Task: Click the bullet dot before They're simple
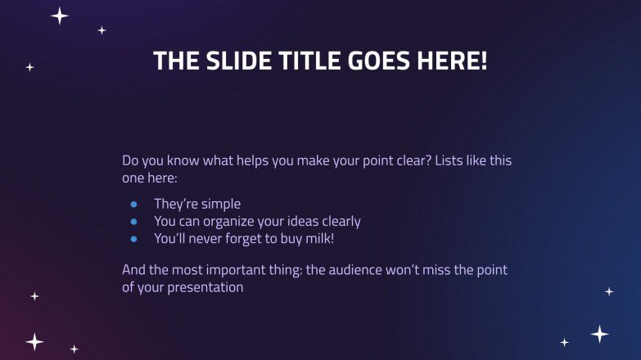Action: point(133,205)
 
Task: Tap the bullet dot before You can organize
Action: point(133,222)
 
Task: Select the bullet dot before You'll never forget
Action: point(133,239)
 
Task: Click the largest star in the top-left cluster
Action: point(59,16)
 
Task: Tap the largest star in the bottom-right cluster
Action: point(600,334)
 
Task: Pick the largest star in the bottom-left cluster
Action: point(34,340)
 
